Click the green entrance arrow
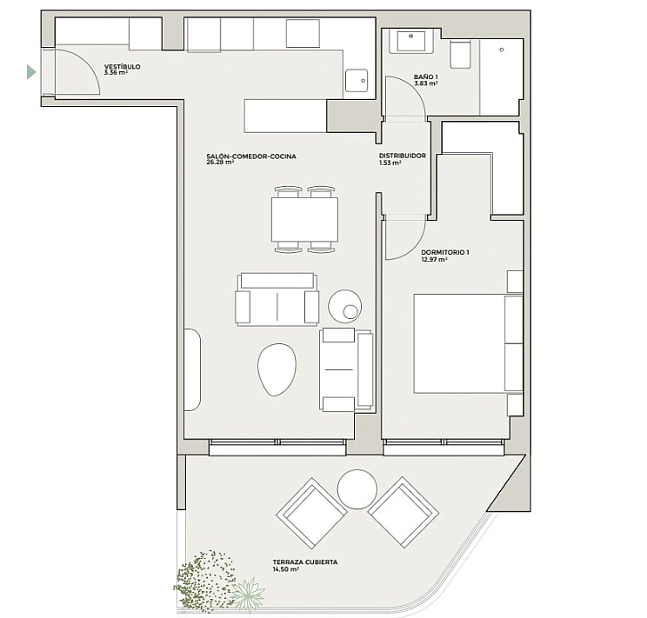(31, 72)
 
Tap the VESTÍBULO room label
(122, 66)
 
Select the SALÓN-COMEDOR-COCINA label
(251, 156)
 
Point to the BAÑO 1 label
(426, 76)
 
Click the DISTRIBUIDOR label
(403, 156)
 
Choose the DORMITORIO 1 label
(445, 252)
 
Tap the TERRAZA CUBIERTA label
(305, 562)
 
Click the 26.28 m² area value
(220, 163)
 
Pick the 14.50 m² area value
(285, 569)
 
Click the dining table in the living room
(305, 220)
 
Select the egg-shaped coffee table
(277, 369)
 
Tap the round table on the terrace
(357, 489)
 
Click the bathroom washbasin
(411, 41)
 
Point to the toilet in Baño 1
(460, 54)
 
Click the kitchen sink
(357, 81)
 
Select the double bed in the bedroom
(469, 343)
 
